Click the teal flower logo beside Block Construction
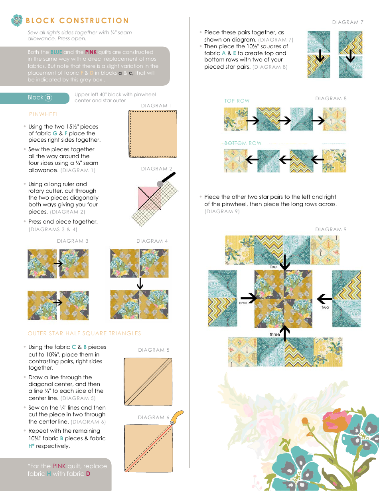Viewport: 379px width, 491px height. pyautogui.click(x=17, y=20)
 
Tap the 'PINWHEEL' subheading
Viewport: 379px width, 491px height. pyautogui.click(x=44, y=114)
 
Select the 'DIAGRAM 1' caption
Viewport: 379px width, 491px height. pyautogui.click(x=157, y=106)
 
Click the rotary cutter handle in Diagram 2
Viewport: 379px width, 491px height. pyautogui.click(x=169, y=176)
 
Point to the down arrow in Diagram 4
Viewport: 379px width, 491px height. pyautogui.click(x=140, y=284)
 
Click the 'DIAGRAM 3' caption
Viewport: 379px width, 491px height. pyautogui.click(x=73, y=241)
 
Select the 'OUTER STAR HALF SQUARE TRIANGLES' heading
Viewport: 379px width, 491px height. pyautogui.click(x=84, y=333)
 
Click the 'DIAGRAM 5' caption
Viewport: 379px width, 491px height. pyautogui.click(x=154, y=350)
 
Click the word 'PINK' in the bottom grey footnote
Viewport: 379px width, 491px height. pyautogui.click(x=59, y=466)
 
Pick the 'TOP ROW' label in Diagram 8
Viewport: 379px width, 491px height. pyautogui.click(x=237, y=101)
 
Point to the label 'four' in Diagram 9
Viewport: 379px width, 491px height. pyautogui.click(x=274, y=267)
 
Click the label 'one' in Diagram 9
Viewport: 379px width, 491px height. pyautogui.click(x=243, y=303)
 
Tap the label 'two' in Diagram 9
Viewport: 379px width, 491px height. pyautogui.click(x=325, y=307)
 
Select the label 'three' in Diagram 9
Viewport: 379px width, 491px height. pyautogui.click(x=275, y=334)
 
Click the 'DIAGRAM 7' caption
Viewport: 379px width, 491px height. pyautogui.click(x=348, y=22)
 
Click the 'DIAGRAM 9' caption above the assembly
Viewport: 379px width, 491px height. pyautogui.click(x=331, y=230)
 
